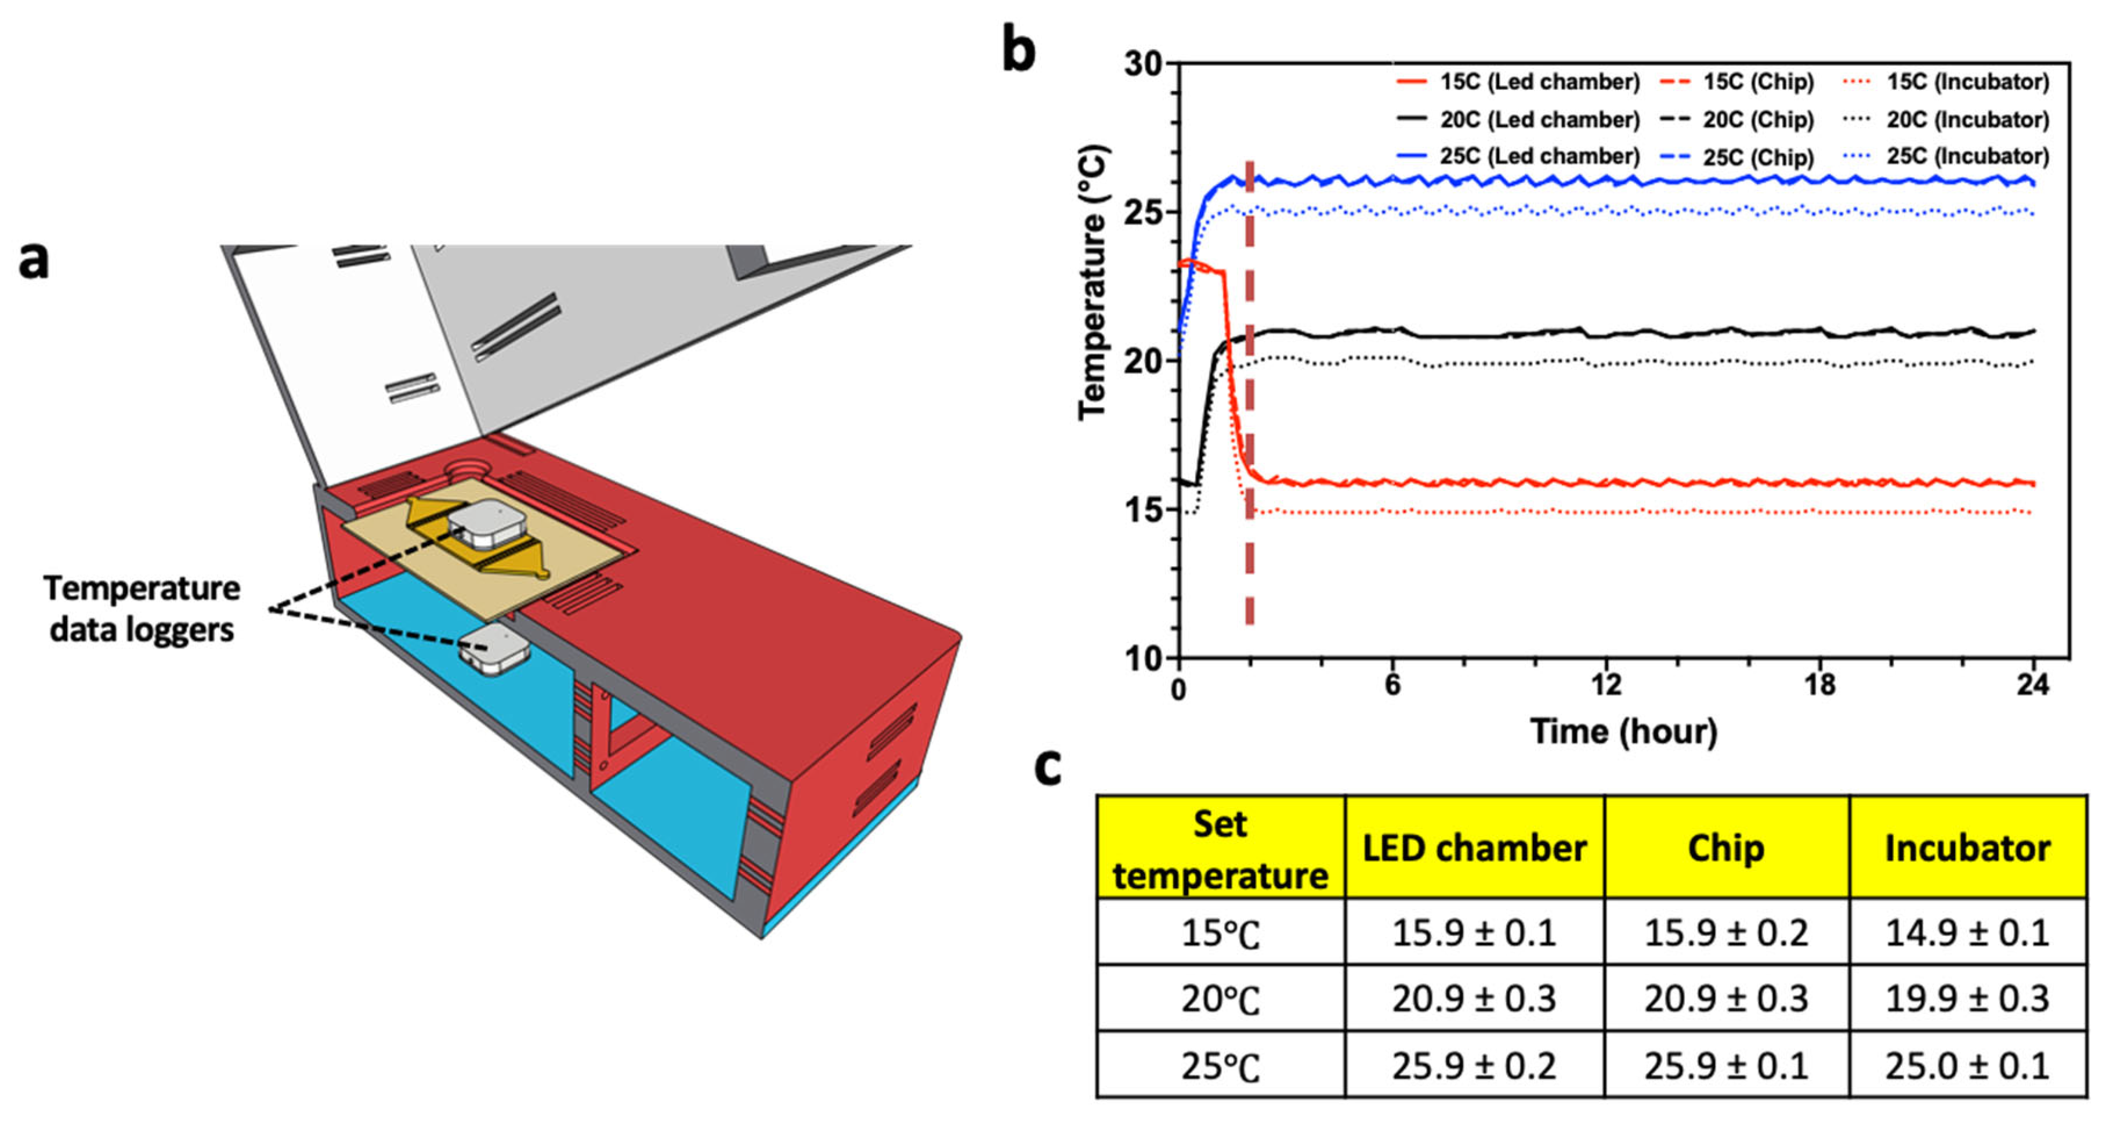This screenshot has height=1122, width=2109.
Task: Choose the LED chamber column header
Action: (x=1474, y=848)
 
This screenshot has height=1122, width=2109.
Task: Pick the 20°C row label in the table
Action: (x=1220, y=998)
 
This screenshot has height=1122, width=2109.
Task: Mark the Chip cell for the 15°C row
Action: (x=1726, y=932)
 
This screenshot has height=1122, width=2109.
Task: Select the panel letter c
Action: (x=1048, y=767)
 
